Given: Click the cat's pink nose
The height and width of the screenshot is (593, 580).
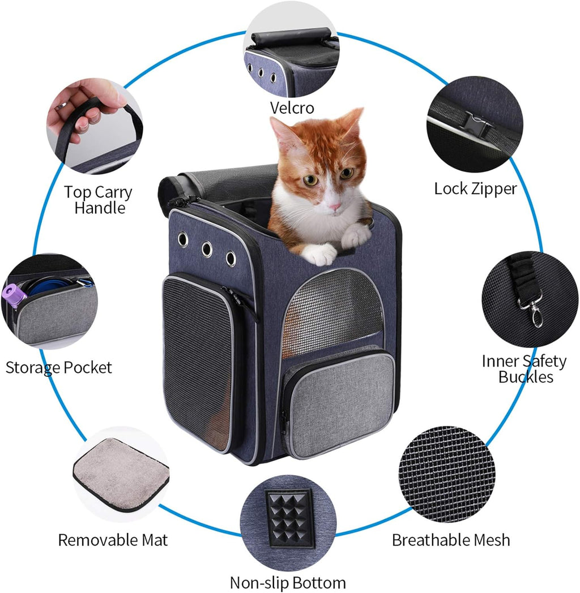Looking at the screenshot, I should (x=335, y=207).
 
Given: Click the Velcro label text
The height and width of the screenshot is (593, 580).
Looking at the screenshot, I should (x=292, y=108).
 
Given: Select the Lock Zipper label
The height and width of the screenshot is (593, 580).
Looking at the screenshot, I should (x=475, y=189).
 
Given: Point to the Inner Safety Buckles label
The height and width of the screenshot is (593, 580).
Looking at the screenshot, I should (x=524, y=368).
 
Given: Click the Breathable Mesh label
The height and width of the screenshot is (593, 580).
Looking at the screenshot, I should (x=451, y=540).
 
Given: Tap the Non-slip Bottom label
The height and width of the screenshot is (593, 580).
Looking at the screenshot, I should (x=288, y=582).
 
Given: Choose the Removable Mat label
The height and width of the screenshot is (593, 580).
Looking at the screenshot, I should (x=113, y=540).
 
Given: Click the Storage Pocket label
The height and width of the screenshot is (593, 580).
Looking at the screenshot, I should (x=59, y=367).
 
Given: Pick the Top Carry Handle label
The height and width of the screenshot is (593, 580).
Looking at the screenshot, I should (x=98, y=200).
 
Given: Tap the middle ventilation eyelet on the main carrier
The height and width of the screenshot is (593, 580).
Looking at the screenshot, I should (x=207, y=249).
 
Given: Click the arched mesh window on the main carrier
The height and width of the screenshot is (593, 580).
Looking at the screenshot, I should (x=333, y=308).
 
